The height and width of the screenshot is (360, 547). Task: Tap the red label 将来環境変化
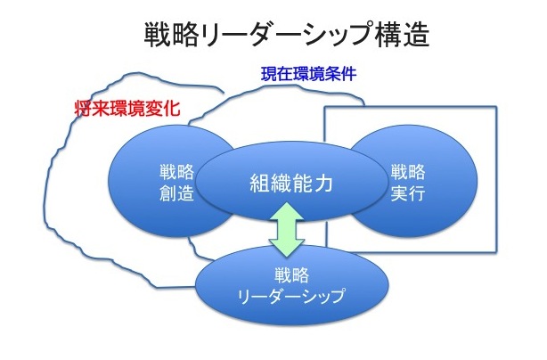coord(127,109)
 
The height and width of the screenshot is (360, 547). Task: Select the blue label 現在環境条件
coord(309,74)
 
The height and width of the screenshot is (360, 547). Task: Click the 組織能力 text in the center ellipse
coord(291,184)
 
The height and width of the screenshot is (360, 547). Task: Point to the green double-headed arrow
coord(287,230)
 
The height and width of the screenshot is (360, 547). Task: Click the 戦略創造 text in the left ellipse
coord(177,183)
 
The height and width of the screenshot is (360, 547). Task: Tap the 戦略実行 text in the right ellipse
coord(408,183)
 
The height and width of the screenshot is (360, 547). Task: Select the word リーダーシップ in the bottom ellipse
coord(291,296)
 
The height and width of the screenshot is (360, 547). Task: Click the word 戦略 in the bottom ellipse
coord(291,275)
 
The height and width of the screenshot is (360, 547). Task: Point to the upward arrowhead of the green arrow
coord(287,211)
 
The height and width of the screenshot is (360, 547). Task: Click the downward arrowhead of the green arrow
coord(287,248)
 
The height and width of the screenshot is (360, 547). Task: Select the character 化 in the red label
coord(172,109)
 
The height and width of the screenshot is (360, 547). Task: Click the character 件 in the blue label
coord(349,74)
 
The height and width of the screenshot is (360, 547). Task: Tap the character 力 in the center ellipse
coord(322,184)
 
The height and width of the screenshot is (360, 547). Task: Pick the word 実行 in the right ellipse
coord(408,192)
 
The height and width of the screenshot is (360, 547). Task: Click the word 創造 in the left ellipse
coord(177,192)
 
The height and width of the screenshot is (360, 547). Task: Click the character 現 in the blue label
coord(269,74)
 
